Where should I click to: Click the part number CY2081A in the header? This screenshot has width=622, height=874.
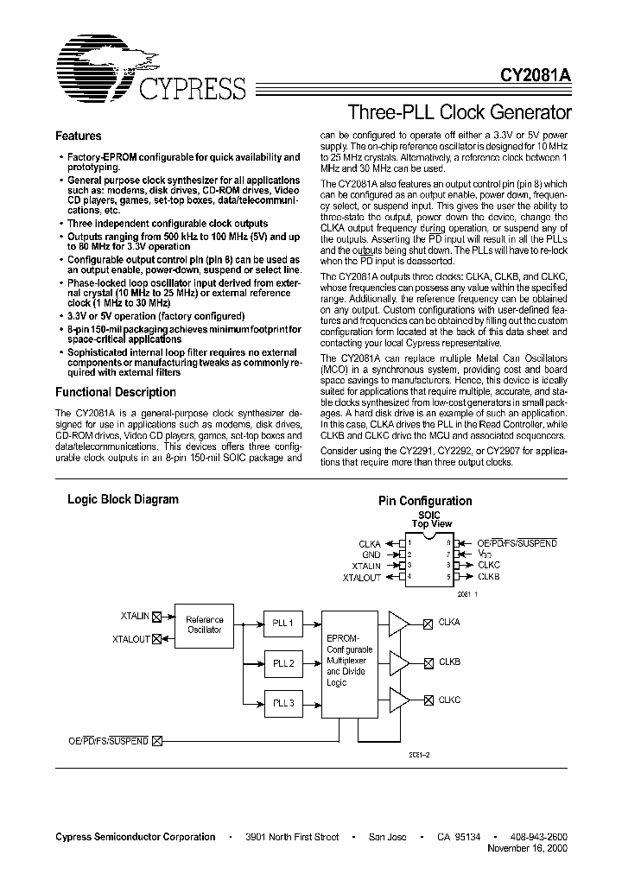click(536, 76)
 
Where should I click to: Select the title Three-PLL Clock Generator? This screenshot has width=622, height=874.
click(459, 112)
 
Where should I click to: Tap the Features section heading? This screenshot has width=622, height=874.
click(79, 136)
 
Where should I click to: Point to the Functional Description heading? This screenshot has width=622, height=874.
click(115, 392)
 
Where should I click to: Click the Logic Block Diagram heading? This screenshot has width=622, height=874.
click(124, 499)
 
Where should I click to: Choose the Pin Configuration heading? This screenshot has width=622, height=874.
click(425, 501)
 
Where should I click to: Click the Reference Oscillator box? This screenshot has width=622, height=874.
click(205, 624)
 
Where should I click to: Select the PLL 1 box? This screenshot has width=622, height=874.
click(283, 623)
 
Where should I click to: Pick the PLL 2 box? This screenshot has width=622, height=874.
click(283, 663)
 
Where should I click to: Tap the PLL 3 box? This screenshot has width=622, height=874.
click(283, 703)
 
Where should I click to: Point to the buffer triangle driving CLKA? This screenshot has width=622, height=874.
click(400, 623)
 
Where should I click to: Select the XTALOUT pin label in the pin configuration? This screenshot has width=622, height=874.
click(361, 576)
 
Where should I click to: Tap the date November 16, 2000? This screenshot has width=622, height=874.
click(530, 850)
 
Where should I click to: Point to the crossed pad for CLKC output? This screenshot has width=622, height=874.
click(428, 702)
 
